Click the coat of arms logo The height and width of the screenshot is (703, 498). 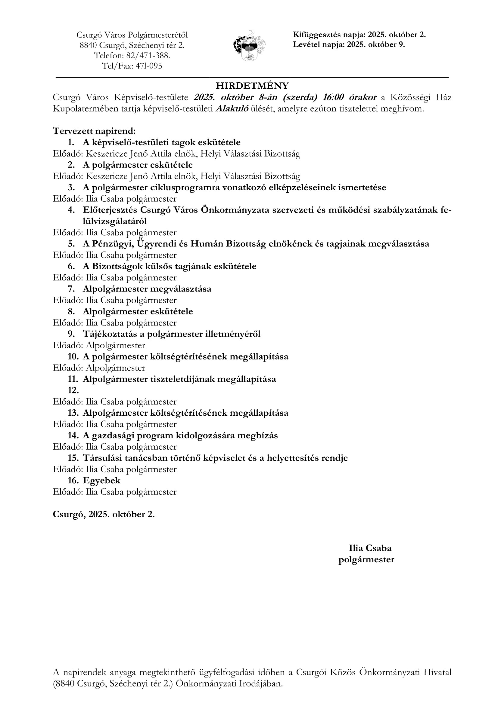pyautogui.click(x=249, y=46)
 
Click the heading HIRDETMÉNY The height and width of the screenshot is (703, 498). pyautogui.click(x=252, y=85)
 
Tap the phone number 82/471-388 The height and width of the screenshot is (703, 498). pyautogui.click(x=148, y=55)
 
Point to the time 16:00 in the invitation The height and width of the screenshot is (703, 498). pyautogui.click(x=333, y=97)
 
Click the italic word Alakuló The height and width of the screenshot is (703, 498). pyautogui.click(x=232, y=109)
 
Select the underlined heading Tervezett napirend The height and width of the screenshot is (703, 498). pyautogui.click(x=94, y=131)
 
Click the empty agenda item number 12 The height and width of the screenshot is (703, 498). pyautogui.click(x=73, y=390)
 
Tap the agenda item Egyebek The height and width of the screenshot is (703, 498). pyautogui.click(x=101, y=480)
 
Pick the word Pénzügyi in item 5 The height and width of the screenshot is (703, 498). pyautogui.click(x=113, y=244)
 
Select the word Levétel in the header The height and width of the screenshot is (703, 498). pyautogui.click(x=307, y=45)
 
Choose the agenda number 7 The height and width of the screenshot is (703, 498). pyautogui.click(x=71, y=289)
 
